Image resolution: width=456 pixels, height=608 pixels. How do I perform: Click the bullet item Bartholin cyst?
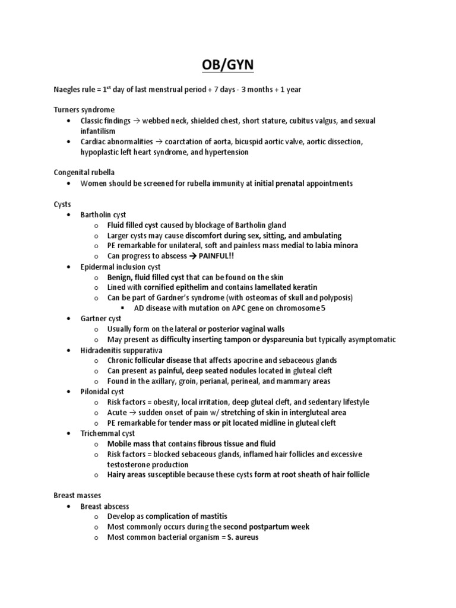click(x=103, y=214)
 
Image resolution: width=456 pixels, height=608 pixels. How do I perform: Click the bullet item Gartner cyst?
click(x=101, y=319)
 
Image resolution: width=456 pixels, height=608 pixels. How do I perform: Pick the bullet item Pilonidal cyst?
click(x=102, y=392)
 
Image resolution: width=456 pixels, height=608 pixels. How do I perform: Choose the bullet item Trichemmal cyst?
click(x=106, y=433)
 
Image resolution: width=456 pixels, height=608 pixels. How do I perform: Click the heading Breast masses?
click(x=77, y=496)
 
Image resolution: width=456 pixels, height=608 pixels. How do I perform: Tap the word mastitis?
click(x=213, y=517)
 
